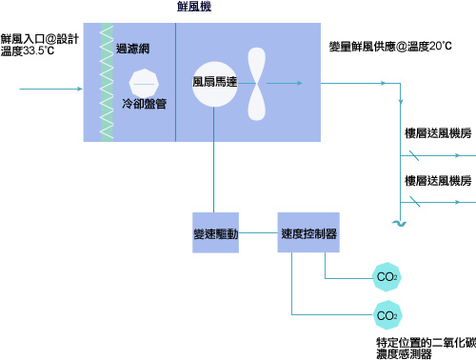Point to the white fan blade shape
pyautogui.click(x=256, y=82)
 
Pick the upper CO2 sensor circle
pyautogui.click(x=387, y=278)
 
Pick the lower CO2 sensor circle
pyautogui.click(x=387, y=314)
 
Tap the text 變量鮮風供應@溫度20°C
pyautogui.click(x=390, y=46)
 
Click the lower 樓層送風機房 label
pyautogui.click(x=437, y=180)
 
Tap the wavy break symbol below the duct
pyautogui.click(x=398, y=223)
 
